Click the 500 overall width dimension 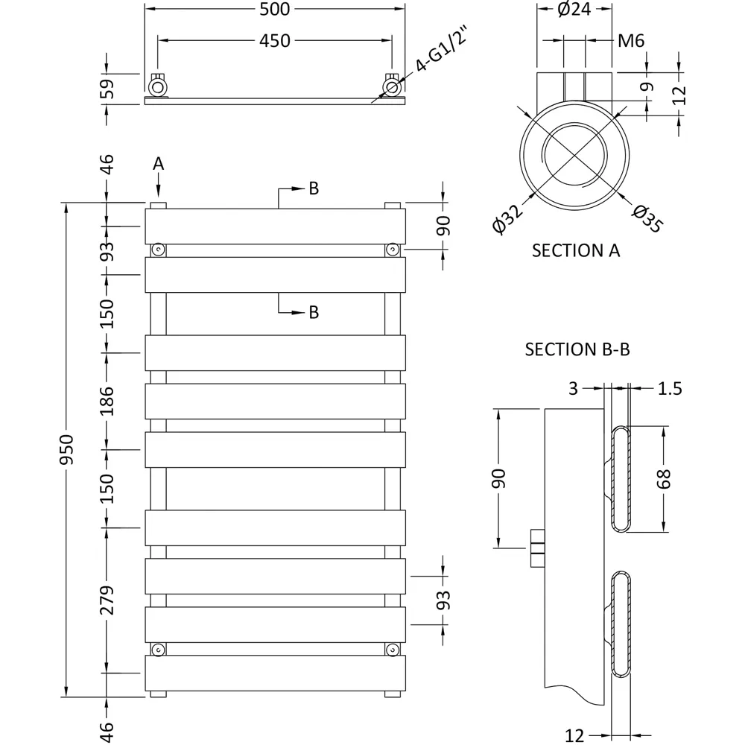pyautogui.click(x=275, y=10)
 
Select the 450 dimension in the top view pyautogui.click(x=275, y=41)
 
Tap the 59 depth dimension pyautogui.click(x=107, y=89)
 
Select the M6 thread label pyautogui.click(x=630, y=41)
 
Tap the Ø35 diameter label pyautogui.click(x=645, y=218)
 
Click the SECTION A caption pyautogui.click(x=575, y=251)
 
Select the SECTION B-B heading pyautogui.click(x=577, y=349)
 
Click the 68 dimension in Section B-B pyautogui.click(x=665, y=478)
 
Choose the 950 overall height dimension pyautogui.click(x=67, y=450)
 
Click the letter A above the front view pyautogui.click(x=158, y=164)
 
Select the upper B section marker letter pyautogui.click(x=314, y=189)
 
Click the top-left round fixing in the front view pyautogui.click(x=157, y=249)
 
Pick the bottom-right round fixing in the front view pyautogui.click(x=391, y=650)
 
